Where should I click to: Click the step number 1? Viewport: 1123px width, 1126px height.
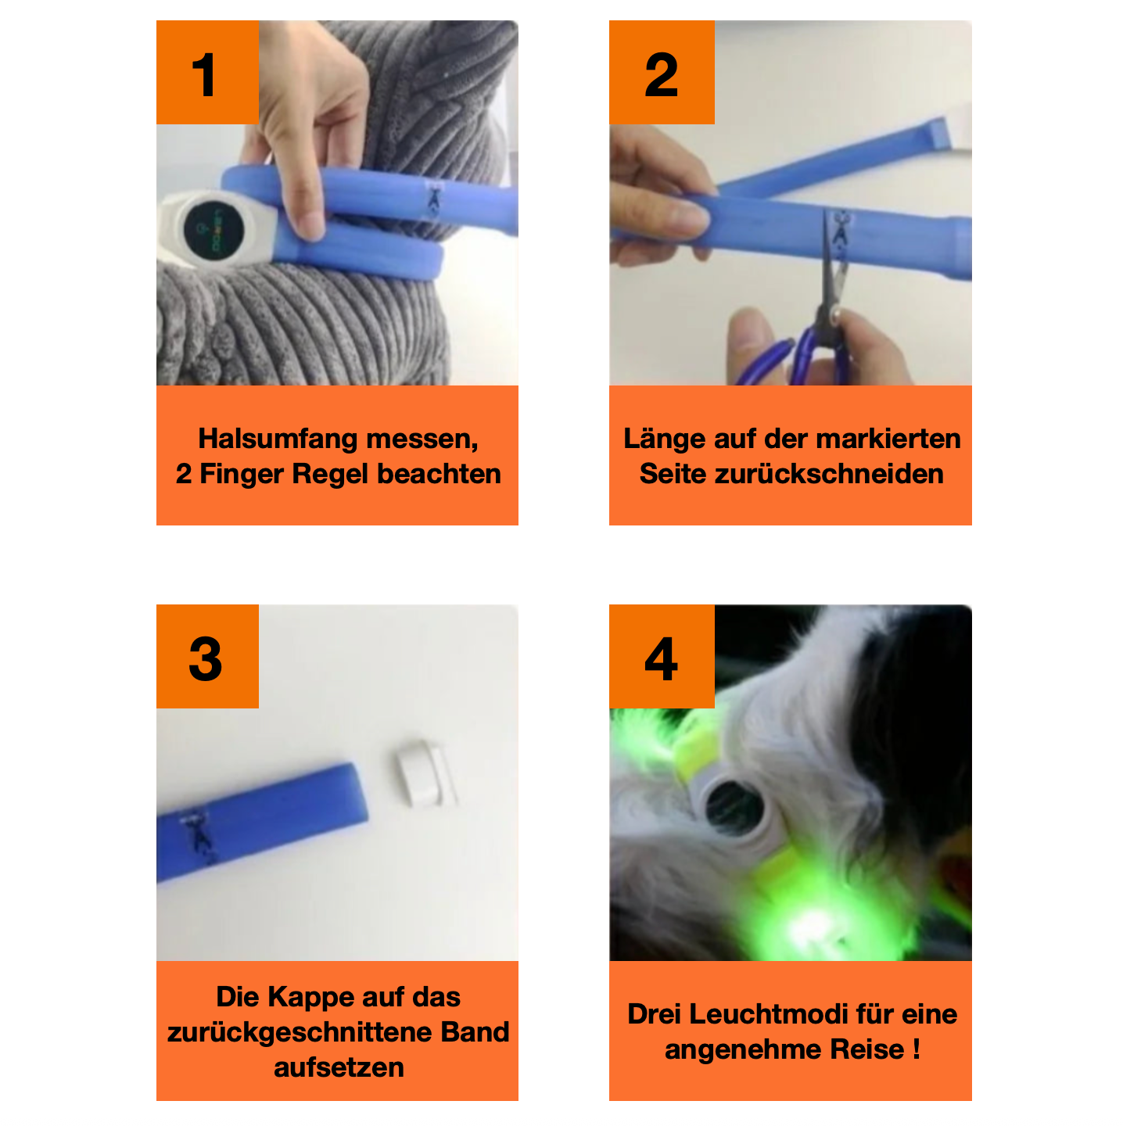pyautogui.click(x=205, y=75)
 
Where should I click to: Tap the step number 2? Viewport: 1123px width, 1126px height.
pyautogui.click(x=661, y=75)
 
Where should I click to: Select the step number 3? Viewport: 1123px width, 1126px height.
pyautogui.click(x=206, y=658)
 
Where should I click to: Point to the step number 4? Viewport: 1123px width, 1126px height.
pyautogui.click(x=661, y=658)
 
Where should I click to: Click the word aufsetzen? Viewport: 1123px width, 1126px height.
pyautogui.click(x=339, y=1067)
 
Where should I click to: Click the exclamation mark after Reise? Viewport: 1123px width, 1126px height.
pyautogui.click(x=916, y=1049)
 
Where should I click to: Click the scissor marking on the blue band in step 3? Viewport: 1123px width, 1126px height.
pyautogui.click(x=200, y=837)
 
